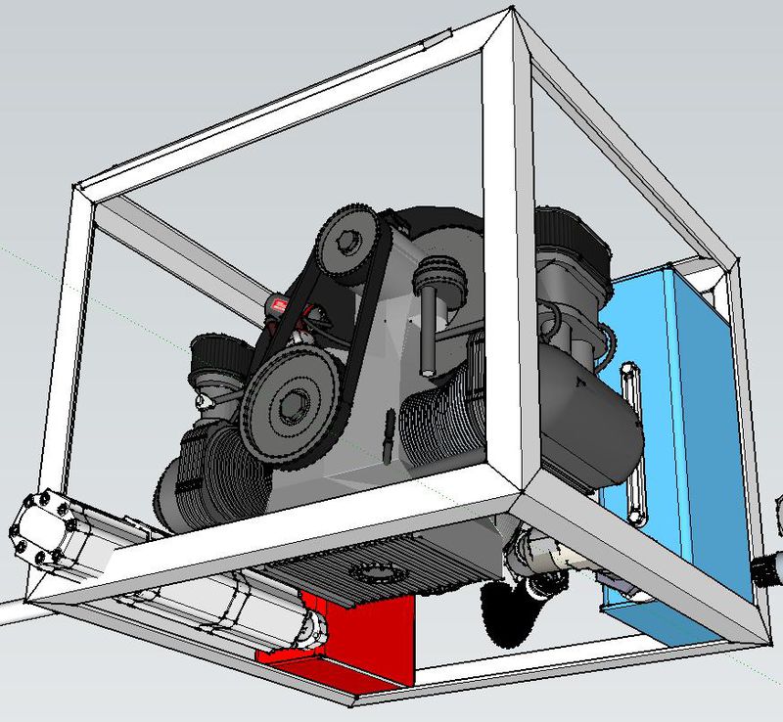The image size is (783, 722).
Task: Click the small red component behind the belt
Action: [x=282, y=307]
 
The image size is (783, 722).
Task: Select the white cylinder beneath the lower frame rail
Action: [x=245, y=607]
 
